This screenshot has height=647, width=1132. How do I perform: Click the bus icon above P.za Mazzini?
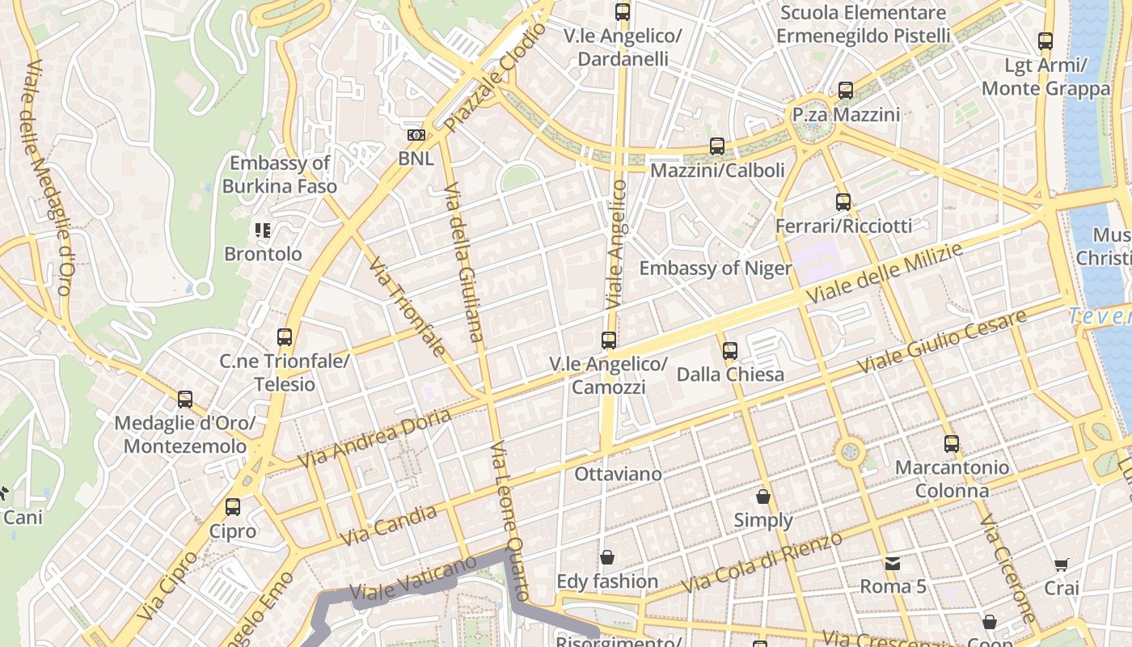[x=846, y=91]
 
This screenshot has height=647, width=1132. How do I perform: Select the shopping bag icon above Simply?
[x=763, y=497]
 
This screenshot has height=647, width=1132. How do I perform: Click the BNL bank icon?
[x=416, y=135]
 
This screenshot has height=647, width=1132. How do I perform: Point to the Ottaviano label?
[x=618, y=474]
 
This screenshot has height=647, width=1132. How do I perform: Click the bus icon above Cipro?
[x=233, y=507]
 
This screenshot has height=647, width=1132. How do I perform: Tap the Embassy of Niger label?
[x=715, y=269]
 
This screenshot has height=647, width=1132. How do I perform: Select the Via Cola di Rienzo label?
[x=762, y=562]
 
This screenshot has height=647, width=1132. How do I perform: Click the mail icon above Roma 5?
[x=893, y=563]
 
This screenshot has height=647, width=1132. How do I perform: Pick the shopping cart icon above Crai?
[x=1061, y=565]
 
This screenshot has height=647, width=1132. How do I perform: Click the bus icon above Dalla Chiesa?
[x=730, y=350]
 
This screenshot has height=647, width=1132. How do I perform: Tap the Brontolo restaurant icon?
[x=262, y=230]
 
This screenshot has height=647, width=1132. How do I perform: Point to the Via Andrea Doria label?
[x=374, y=438]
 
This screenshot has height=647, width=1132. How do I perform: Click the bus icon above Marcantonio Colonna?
[x=952, y=443]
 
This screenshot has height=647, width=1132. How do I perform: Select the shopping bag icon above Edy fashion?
[x=607, y=557]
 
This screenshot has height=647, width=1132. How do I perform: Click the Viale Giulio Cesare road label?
[x=941, y=340]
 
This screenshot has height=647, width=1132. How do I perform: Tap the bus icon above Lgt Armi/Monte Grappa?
[x=1045, y=41]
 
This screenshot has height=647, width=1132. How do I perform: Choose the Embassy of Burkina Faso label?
[x=280, y=175]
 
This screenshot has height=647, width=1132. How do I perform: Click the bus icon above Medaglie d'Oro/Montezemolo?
[x=185, y=399]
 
